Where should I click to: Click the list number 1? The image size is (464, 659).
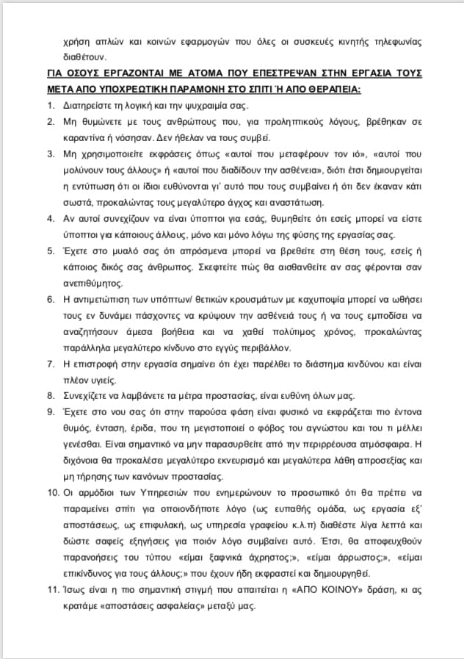(x=48, y=106)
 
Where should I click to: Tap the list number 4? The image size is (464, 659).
(x=48, y=218)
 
